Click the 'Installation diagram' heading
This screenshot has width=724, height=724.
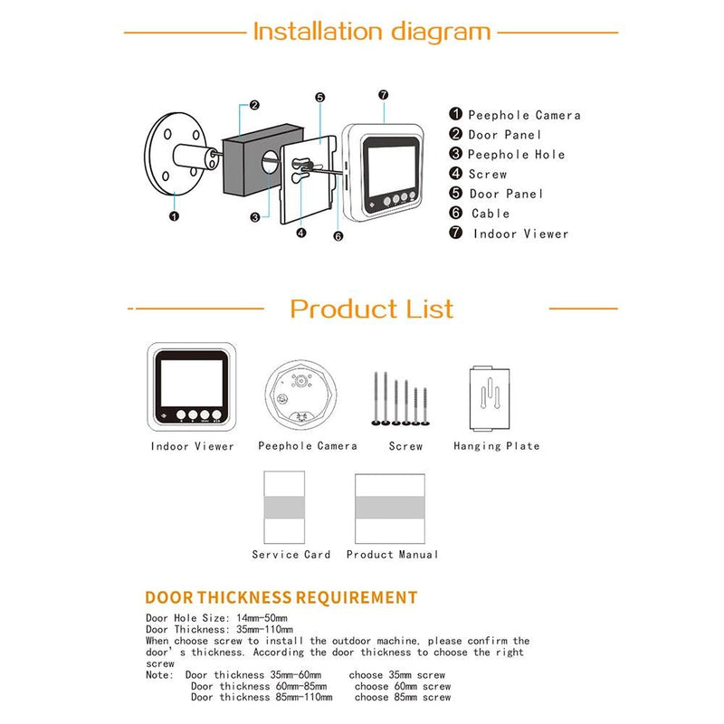(371, 32)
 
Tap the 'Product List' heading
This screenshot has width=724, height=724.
(371, 309)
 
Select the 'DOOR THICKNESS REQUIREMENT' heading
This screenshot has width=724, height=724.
(281, 597)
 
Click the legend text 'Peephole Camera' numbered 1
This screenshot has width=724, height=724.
(523, 115)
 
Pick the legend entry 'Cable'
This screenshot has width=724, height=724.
(491, 214)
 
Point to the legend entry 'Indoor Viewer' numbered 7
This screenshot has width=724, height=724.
(520, 233)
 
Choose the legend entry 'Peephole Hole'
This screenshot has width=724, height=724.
(516, 155)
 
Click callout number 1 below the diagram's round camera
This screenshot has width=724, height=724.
(174, 216)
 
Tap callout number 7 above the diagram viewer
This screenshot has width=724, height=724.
(383, 94)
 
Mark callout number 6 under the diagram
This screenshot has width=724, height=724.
(338, 236)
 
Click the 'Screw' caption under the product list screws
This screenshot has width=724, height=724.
(405, 446)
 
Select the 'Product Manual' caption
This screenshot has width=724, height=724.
(392, 554)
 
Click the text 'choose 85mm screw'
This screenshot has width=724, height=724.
(402, 698)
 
